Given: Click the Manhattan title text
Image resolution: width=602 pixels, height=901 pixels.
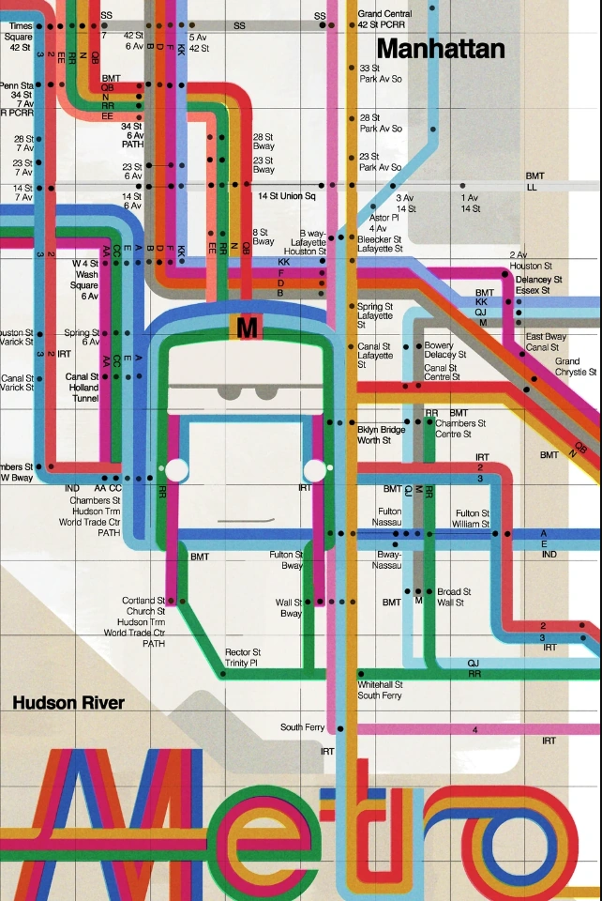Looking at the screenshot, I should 440,49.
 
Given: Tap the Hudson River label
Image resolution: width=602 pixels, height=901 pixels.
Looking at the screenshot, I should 68,703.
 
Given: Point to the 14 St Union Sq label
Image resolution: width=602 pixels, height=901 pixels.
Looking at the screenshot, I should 287,196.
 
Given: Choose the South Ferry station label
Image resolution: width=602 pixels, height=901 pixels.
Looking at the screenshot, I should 302,727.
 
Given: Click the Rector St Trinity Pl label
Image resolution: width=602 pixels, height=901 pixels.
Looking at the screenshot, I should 243,658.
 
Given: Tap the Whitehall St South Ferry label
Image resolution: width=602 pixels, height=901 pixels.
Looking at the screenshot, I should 380,690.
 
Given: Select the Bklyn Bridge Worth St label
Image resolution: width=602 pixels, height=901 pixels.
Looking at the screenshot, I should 380,434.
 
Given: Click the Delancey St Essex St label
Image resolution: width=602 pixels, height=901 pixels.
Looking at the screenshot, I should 538,284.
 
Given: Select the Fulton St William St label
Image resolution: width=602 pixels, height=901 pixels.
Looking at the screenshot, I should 472,519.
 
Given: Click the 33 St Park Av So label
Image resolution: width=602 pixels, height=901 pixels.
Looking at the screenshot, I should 381,74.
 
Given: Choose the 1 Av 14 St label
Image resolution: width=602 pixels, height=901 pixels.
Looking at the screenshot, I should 469,203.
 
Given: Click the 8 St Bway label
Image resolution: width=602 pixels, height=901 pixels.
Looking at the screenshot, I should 263,237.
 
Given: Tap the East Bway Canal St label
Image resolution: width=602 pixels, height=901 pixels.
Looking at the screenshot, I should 545,342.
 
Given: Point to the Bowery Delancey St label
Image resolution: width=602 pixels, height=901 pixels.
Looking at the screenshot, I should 439,350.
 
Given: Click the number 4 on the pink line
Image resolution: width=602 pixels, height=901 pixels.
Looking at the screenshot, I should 475,729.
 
